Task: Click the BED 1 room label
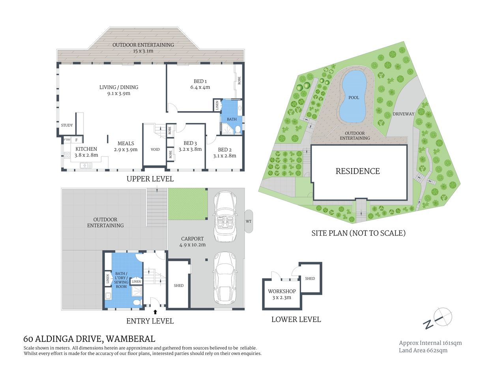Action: pos(200,81)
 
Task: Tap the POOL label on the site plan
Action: pos(353,98)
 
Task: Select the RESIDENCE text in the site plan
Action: pos(357,171)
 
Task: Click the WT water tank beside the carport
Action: pos(249,221)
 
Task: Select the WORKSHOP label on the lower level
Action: pos(282,291)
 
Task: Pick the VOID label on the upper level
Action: pos(155,150)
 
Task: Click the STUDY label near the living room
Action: pos(67,126)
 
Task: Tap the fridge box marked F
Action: pos(77,140)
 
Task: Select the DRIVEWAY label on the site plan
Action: pos(404,114)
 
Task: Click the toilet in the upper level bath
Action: pos(238,130)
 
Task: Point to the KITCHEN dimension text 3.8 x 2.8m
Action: pos(86,155)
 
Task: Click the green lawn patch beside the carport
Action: pos(188,204)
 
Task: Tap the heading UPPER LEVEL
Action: pos(150,179)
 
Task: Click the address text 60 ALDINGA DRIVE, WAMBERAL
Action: pos(89,339)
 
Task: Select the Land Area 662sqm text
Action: pos(423,351)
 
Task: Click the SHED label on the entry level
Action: pos(179,285)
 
